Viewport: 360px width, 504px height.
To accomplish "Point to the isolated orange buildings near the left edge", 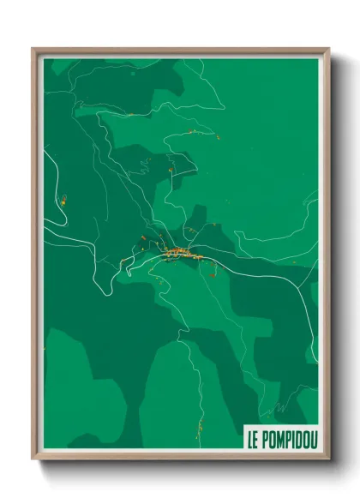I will (63, 200).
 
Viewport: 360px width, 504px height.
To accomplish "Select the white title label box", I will (280, 440).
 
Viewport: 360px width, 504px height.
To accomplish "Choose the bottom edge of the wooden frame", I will (180, 458).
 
